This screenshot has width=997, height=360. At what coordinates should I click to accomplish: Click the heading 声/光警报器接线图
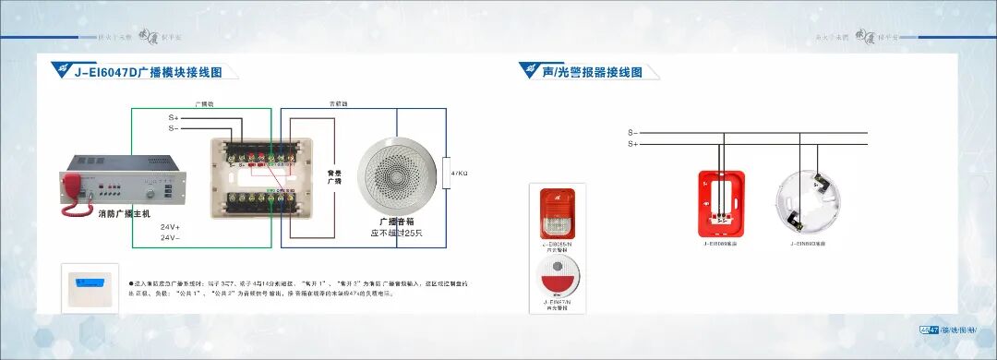coord(592,72)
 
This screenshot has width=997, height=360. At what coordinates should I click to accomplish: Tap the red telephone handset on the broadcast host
coord(73,195)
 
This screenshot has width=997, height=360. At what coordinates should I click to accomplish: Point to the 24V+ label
coord(170,226)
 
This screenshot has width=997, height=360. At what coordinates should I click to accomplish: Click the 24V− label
coord(170,237)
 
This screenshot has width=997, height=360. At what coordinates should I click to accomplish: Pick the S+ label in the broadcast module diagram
coord(174,118)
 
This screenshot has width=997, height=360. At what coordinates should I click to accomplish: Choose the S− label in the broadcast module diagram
coord(174,128)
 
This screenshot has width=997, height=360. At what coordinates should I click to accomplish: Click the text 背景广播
coord(336,175)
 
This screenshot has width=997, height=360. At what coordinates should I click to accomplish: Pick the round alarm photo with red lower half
coord(557,275)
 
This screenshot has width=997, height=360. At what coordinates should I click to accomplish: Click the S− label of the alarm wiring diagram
coord(632,133)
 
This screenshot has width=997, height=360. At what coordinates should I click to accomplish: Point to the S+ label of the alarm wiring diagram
coord(632,144)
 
